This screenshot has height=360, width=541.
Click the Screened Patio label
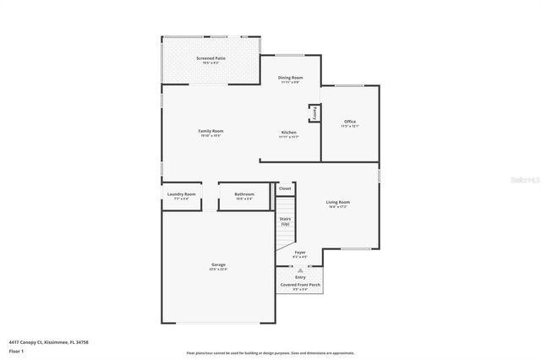click(210, 58)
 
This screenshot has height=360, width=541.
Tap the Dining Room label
click(290, 78)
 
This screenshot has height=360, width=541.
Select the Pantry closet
click(314, 113)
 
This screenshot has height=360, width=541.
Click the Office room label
click(350, 122)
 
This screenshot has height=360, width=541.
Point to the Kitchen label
click(289, 133)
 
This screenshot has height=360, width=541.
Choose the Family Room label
click(210, 131)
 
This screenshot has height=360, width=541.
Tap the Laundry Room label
click(182, 194)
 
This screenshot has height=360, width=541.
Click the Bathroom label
click(244, 194)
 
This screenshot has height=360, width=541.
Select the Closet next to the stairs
click(285, 188)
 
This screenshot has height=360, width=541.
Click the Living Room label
click(338, 202)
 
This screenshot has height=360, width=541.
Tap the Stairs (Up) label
click(285, 221)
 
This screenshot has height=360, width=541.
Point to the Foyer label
click(300, 252)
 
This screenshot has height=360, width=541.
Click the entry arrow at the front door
click(300, 270)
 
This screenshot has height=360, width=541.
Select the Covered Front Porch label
click(300, 285)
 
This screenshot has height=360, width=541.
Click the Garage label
click(218, 265)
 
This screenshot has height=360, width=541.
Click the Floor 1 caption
click(17, 350)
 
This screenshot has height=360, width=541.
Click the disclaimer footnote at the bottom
click(270, 353)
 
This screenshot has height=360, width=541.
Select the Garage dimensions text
click(218, 270)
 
